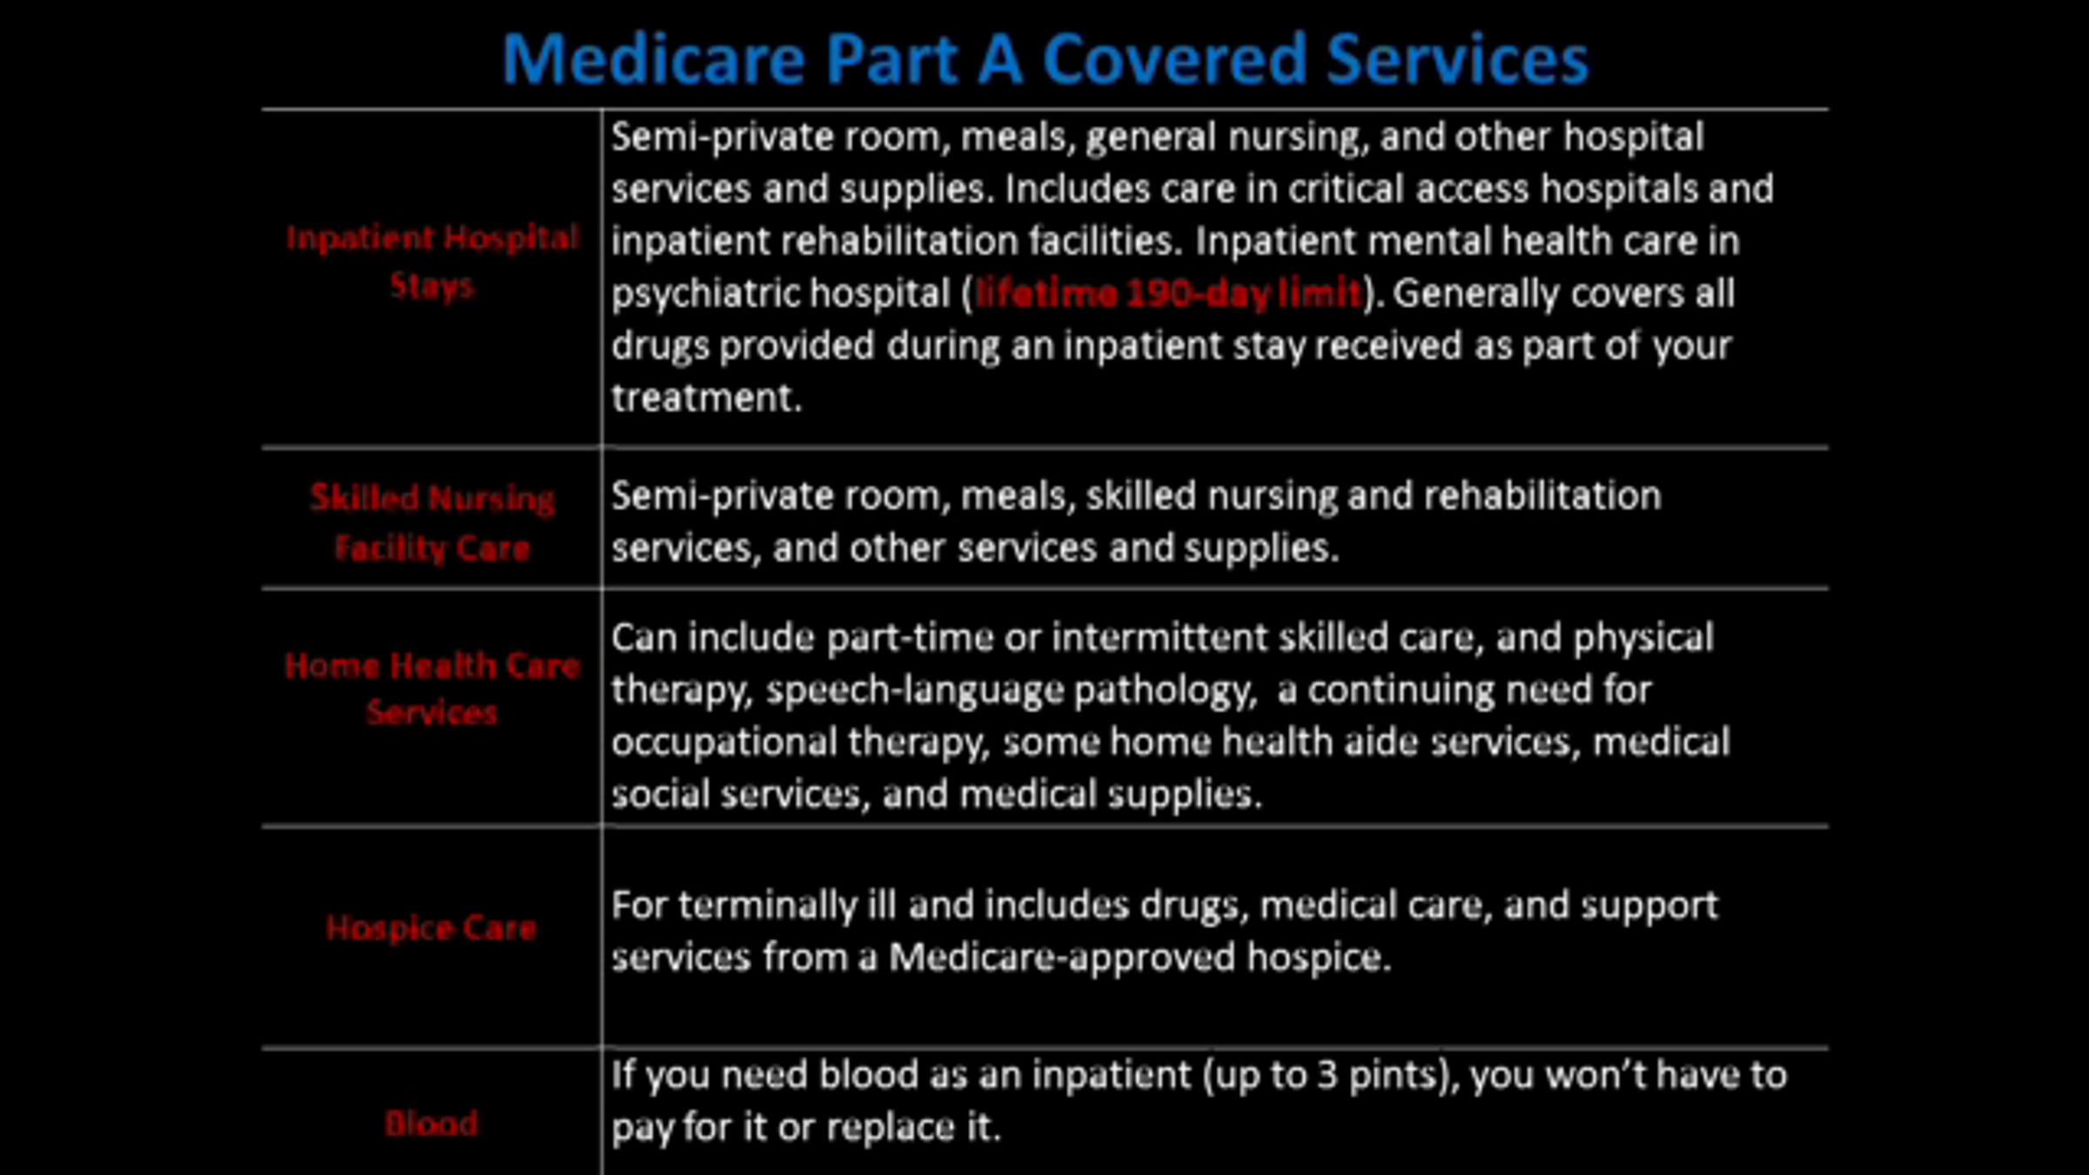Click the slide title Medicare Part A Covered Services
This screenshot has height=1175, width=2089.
tap(1045, 59)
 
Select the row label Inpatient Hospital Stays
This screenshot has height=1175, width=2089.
tap(433, 261)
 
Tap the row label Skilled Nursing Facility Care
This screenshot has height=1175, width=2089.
tap(433, 522)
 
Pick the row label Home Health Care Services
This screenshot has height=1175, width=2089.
tap(433, 688)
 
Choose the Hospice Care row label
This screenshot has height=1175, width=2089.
tap(431, 928)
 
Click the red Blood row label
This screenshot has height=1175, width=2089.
tap(431, 1124)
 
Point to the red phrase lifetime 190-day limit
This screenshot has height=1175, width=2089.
tap(1168, 293)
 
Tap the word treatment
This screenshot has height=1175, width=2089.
tap(706, 398)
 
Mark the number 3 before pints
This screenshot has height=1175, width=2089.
tap(1327, 1075)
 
